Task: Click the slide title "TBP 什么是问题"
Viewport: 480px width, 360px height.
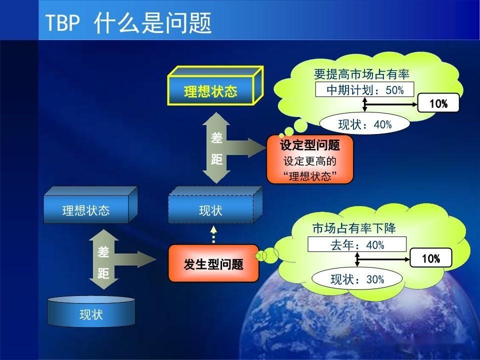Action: point(128,23)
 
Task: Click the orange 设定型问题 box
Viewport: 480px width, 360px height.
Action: point(310,159)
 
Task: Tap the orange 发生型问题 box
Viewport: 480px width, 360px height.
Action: point(213,264)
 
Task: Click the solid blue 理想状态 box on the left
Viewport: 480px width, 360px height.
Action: point(85,209)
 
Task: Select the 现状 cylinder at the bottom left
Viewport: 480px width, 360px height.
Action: point(91,314)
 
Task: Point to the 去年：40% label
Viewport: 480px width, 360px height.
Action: point(357,245)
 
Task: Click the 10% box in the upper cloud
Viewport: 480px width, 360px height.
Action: point(438,104)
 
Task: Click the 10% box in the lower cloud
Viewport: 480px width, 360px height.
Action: point(430,258)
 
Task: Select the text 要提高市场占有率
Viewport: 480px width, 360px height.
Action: point(361,74)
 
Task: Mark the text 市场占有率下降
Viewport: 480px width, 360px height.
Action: point(353,228)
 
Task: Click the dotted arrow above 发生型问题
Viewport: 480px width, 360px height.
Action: point(213,234)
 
